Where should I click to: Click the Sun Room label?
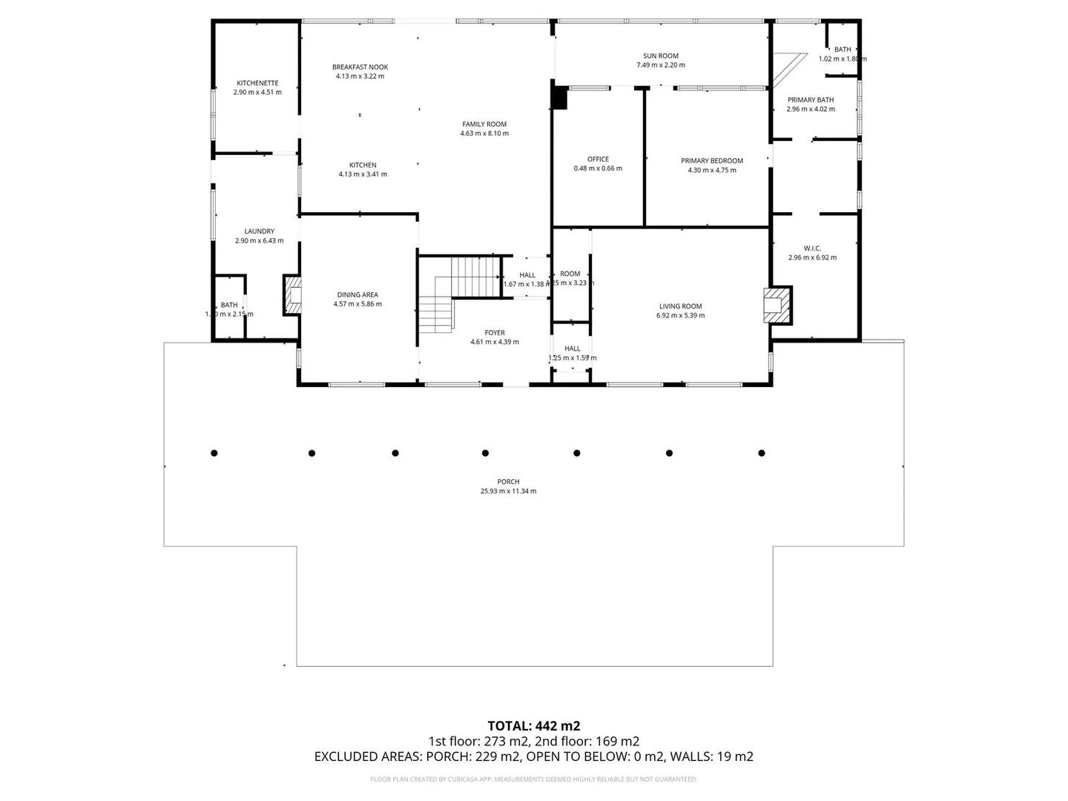click(x=660, y=56)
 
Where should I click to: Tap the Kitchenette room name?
click(x=257, y=83)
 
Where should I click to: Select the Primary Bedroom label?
click(x=711, y=161)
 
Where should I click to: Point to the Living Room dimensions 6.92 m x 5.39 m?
click(x=680, y=316)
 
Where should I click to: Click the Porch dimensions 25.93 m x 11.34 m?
click(x=508, y=491)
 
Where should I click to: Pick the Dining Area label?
click(x=357, y=294)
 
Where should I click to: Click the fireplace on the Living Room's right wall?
click(x=777, y=305)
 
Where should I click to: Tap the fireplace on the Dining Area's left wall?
click(x=293, y=295)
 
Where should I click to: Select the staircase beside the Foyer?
click(x=456, y=289)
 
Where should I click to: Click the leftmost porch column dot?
click(x=214, y=453)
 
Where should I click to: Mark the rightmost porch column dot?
click(x=762, y=453)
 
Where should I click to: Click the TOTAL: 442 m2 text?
click(x=533, y=726)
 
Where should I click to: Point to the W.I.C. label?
click(x=812, y=248)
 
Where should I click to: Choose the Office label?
click(x=598, y=159)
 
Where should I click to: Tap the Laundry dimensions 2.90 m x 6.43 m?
click(x=259, y=241)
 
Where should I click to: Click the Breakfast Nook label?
click(x=360, y=67)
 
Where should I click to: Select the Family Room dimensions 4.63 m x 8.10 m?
click(x=484, y=134)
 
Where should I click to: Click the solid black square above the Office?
click(x=559, y=99)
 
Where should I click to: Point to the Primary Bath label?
click(x=811, y=100)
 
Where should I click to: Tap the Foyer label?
click(x=495, y=333)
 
